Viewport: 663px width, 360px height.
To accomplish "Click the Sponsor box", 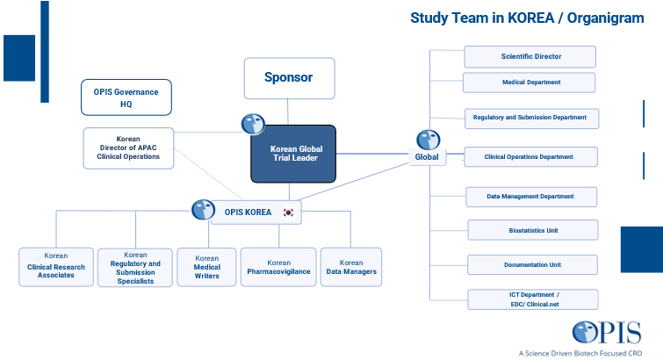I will (x=289, y=77).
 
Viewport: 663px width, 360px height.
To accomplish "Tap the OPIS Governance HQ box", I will (x=126, y=97).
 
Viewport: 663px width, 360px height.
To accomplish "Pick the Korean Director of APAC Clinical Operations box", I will (x=128, y=148).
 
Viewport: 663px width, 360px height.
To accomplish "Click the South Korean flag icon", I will (x=288, y=212).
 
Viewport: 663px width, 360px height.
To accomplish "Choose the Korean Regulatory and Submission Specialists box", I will (x=135, y=268).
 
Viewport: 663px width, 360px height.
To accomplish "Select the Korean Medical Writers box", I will (x=206, y=268).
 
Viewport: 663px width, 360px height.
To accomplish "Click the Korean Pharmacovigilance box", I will (x=279, y=267).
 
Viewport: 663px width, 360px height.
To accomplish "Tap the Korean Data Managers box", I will (x=351, y=267).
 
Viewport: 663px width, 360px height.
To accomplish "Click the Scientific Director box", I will (x=530, y=56).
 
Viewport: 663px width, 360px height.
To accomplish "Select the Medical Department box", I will (x=530, y=83).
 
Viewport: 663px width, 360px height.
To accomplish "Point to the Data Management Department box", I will (x=530, y=197).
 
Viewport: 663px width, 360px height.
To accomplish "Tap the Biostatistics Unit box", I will (x=531, y=231).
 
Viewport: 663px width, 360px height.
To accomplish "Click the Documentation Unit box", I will (x=531, y=264).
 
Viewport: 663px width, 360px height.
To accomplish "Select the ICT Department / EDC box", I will (x=534, y=299).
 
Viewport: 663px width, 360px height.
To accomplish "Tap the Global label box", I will (x=426, y=157).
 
